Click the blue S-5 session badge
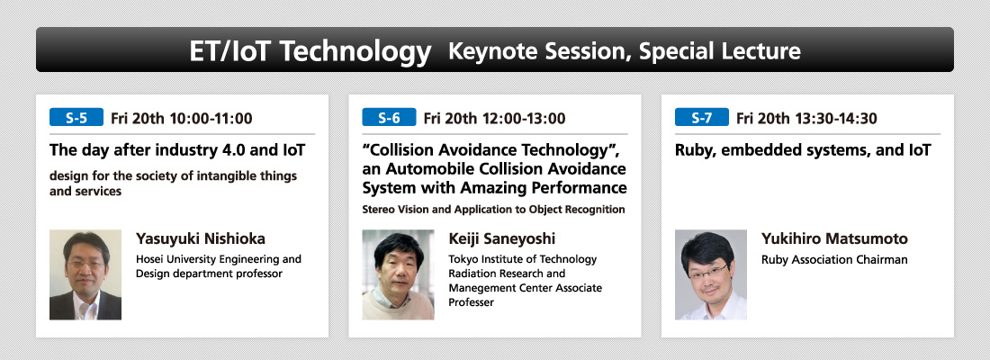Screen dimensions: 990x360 pos(76,118)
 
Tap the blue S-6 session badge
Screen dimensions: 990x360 pos(389,118)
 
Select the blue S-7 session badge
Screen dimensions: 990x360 pos(701,118)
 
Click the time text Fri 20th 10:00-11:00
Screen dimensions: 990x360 pos(181,118)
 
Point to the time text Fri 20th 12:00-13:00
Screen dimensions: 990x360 pos(494,118)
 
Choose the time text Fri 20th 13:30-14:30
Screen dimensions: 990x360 pos(806,118)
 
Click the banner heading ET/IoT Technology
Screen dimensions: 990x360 pos(310,51)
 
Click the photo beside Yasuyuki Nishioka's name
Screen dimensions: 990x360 pos(85,274)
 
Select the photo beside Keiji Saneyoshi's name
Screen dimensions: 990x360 pos(399,274)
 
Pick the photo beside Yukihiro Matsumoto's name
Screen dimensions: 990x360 pos(711,274)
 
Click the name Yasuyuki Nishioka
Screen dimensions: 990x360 pos(201,239)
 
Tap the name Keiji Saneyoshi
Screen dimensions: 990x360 pos(502,239)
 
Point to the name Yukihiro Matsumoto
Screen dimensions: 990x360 pos(834,238)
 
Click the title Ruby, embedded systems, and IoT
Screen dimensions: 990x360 pos(803,151)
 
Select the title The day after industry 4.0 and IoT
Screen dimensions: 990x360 pos(177,151)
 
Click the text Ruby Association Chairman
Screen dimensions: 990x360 pos(834,259)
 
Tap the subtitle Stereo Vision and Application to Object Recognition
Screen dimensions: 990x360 pos(494,210)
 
